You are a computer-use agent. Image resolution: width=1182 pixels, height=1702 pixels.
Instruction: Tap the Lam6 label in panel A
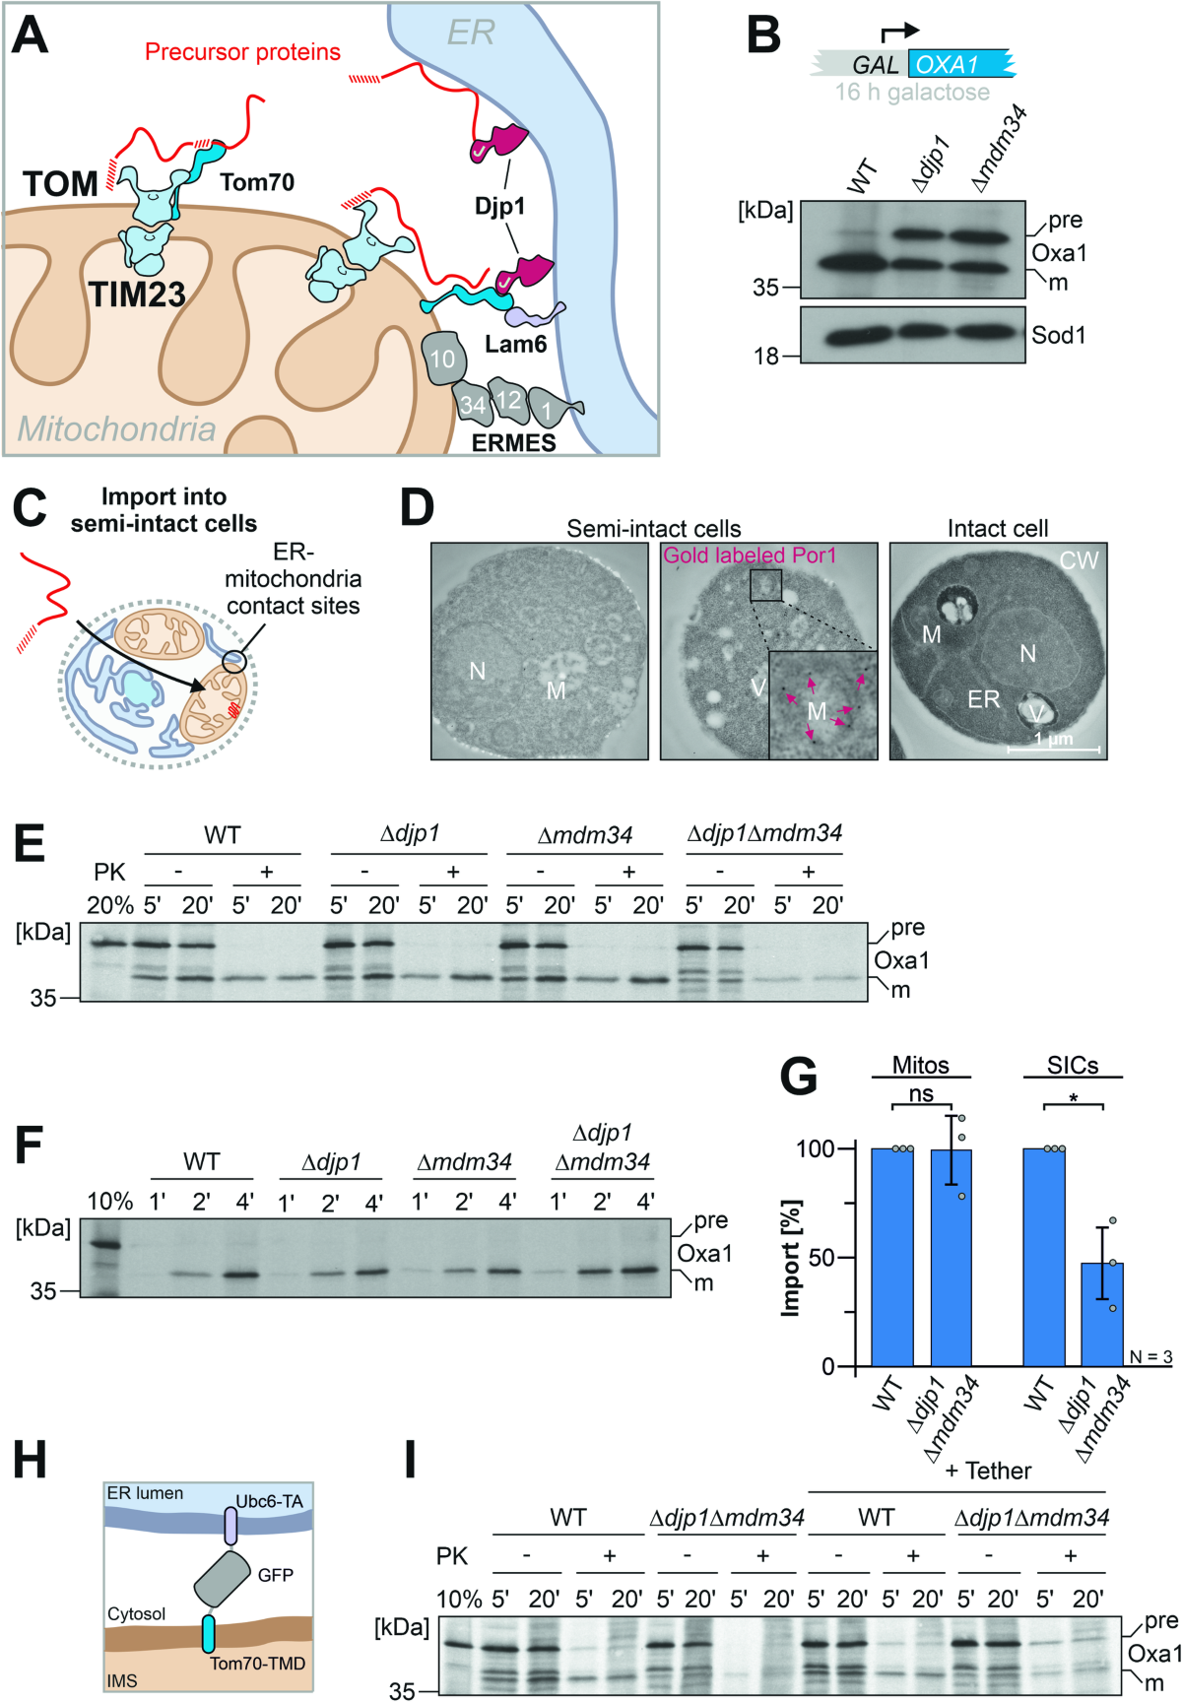coord(515,344)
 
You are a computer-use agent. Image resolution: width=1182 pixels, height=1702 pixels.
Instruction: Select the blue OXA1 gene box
coord(960,65)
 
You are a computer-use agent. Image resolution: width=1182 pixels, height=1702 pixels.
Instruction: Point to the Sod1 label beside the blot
coord(1059,335)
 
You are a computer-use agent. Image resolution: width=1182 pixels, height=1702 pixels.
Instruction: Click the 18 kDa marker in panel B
coord(766,357)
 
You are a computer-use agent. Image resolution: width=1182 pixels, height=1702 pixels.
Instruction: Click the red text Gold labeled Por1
coord(750,556)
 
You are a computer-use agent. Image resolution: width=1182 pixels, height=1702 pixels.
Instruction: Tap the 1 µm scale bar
coord(1053,749)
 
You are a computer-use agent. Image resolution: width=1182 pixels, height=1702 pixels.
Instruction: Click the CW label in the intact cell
coord(1079,560)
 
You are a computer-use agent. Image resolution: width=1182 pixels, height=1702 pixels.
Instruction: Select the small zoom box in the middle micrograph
coord(765,585)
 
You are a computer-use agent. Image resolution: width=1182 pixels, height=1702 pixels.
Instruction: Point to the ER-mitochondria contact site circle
coord(233,661)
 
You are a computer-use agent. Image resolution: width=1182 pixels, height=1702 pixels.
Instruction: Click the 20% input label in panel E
coord(109,905)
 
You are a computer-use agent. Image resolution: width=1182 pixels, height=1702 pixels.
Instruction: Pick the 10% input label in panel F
coord(109,1201)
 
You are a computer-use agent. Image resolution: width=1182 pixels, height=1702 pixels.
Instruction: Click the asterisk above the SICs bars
coord(1073,1098)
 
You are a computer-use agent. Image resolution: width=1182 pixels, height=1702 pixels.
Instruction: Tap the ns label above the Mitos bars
coord(920,1094)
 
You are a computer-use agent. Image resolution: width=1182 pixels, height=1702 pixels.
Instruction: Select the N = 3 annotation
coord(1149,1357)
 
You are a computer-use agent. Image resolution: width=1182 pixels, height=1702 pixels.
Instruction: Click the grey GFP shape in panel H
coord(224,1577)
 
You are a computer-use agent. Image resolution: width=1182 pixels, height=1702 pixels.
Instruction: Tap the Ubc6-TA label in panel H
coord(269,1501)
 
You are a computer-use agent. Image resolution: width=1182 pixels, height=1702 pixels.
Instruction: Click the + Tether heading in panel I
coord(988,1471)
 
